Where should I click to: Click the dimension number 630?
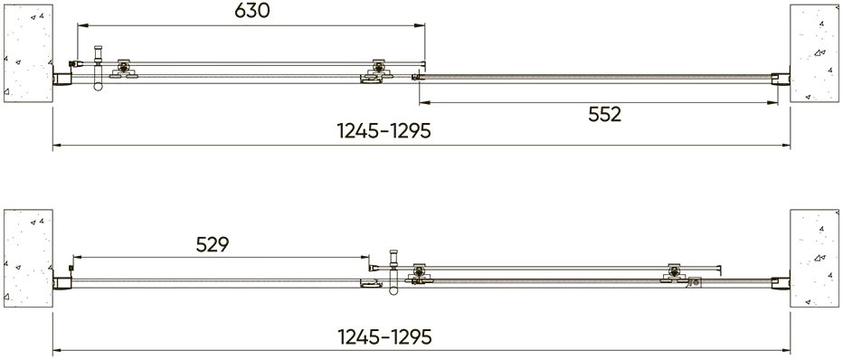(251, 11)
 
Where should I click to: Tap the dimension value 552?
(605, 114)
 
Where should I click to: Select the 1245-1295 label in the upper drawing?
(384, 130)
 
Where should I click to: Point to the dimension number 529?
(213, 244)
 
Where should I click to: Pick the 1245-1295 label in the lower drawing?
(384, 336)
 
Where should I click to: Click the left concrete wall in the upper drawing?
(28, 53)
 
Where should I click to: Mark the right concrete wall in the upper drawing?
(814, 53)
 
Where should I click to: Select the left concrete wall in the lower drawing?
(28, 258)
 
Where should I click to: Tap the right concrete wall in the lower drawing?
(814, 258)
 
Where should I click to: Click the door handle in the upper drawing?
(98, 68)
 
